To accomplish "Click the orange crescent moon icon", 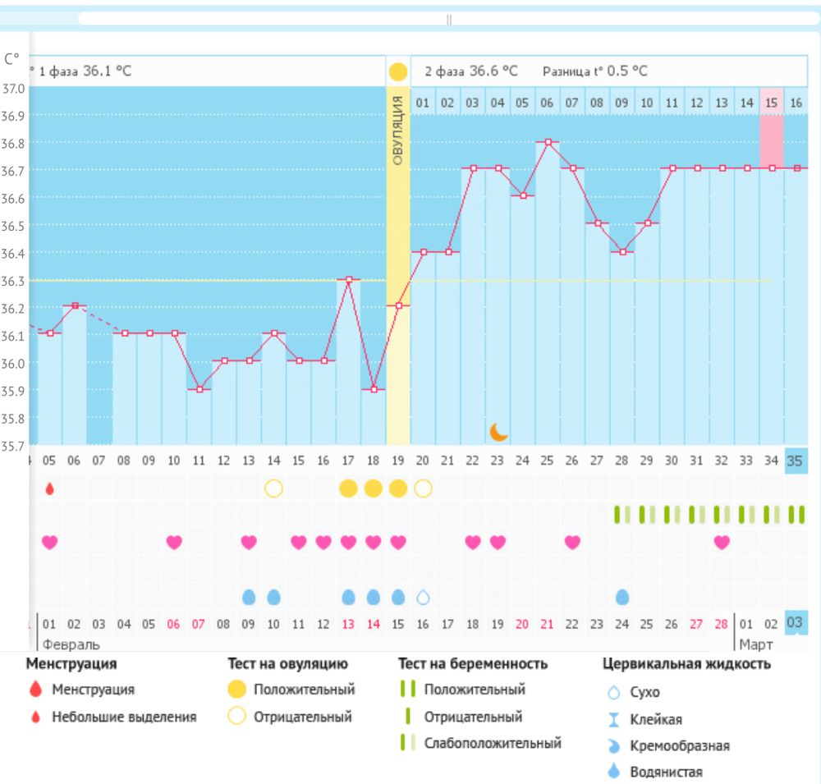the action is [x=498, y=432].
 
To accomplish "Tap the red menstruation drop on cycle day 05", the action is [x=50, y=488].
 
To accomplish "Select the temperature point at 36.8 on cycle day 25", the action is [x=548, y=142].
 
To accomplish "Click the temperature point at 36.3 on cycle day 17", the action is [x=349, y=280].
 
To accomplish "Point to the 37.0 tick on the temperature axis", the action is [x=13, y=88].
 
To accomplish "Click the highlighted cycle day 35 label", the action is [x=795, y=461].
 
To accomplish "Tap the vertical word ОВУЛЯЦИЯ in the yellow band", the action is [x=398, y=131].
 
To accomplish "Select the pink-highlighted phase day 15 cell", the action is [x=772, y=103].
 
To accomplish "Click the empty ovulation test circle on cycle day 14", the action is [x=273, y=488].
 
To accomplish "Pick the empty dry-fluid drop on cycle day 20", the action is [x=423, y=597].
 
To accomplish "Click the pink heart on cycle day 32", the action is [x=722, y=542].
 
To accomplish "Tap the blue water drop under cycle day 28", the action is [x=622, y=597].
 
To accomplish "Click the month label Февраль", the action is [x=71, y=644].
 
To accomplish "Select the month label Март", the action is [x=755, y=644].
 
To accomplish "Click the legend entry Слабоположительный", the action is [x=492, y=743].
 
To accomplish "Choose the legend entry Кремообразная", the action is [x=680, y=745].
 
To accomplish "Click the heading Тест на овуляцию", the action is [x=287, y=663].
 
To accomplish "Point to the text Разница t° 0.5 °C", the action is [x=594, y=71].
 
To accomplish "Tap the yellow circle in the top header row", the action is [x=398, y=71].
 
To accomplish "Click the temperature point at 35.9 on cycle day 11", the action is [x=200, y=389].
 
